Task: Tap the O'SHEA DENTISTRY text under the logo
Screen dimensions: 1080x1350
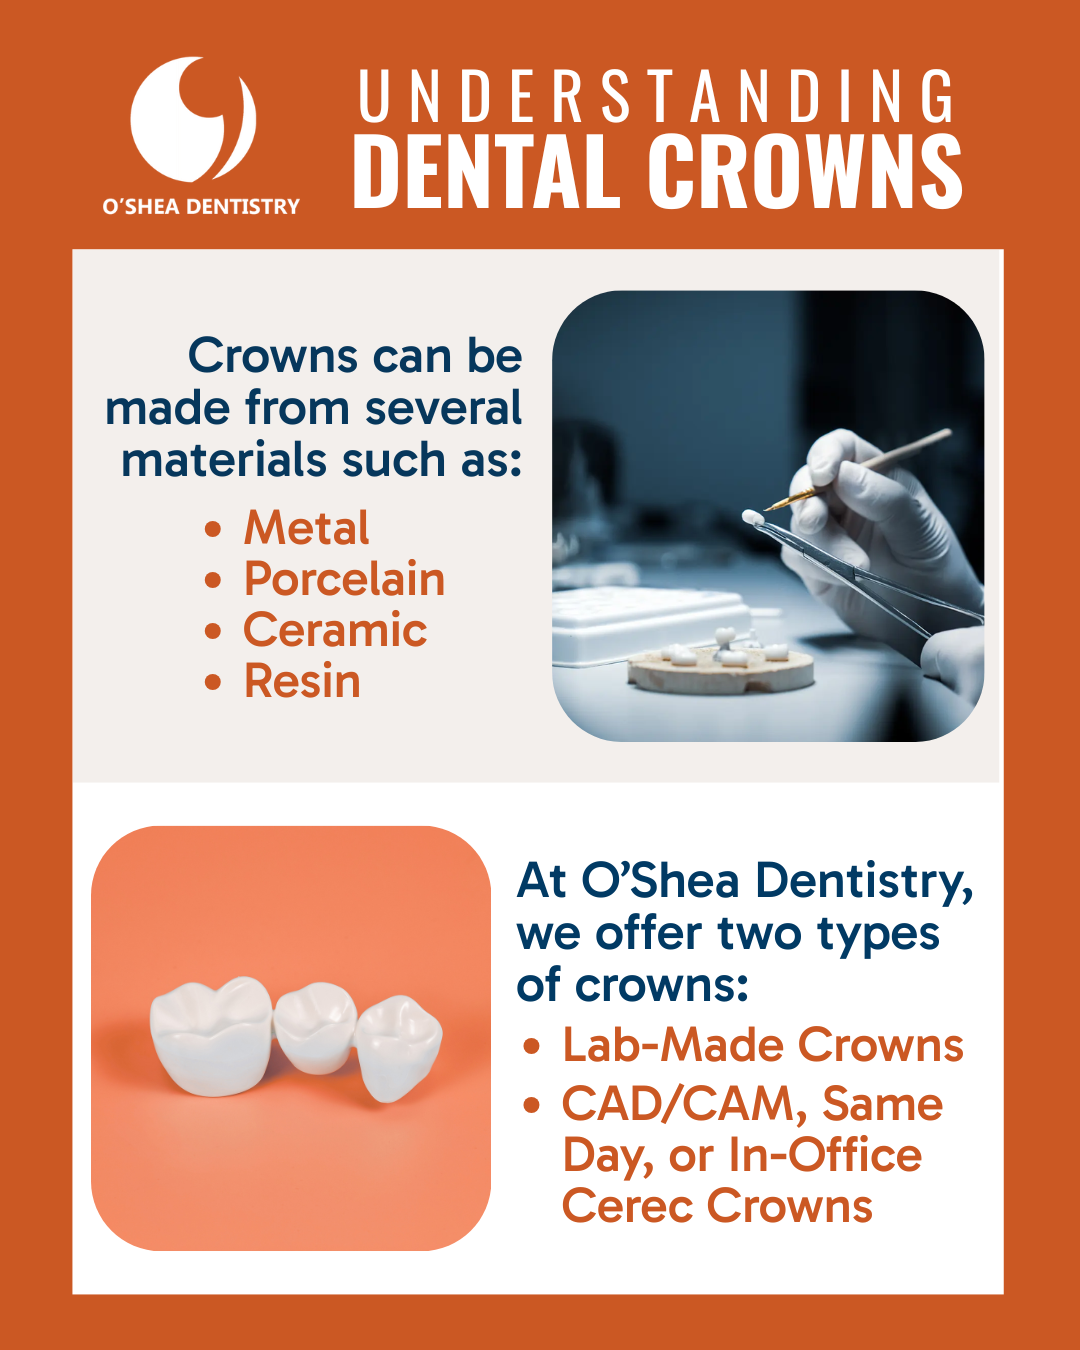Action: point(201,206)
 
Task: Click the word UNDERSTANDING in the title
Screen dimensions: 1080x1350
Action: point(656,96)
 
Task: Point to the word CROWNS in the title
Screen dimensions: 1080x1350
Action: point(805,170)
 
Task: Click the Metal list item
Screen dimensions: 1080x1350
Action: point(306,527)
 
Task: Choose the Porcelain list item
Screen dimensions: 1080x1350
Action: point(345,578)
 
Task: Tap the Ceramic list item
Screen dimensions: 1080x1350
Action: point(335,629)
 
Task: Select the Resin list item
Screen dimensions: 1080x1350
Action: point(302,681)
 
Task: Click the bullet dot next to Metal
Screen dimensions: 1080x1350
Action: point(213,528)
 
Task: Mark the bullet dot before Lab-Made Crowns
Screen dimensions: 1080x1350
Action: point(532,1046)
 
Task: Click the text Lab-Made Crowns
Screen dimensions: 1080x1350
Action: point(762,1044)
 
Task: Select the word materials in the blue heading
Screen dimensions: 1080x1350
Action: point(223,459)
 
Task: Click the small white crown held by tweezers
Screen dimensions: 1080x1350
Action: point(753,518)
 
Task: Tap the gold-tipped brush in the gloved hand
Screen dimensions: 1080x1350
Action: point(857,469)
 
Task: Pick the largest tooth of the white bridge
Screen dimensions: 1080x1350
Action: point(211,1035)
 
